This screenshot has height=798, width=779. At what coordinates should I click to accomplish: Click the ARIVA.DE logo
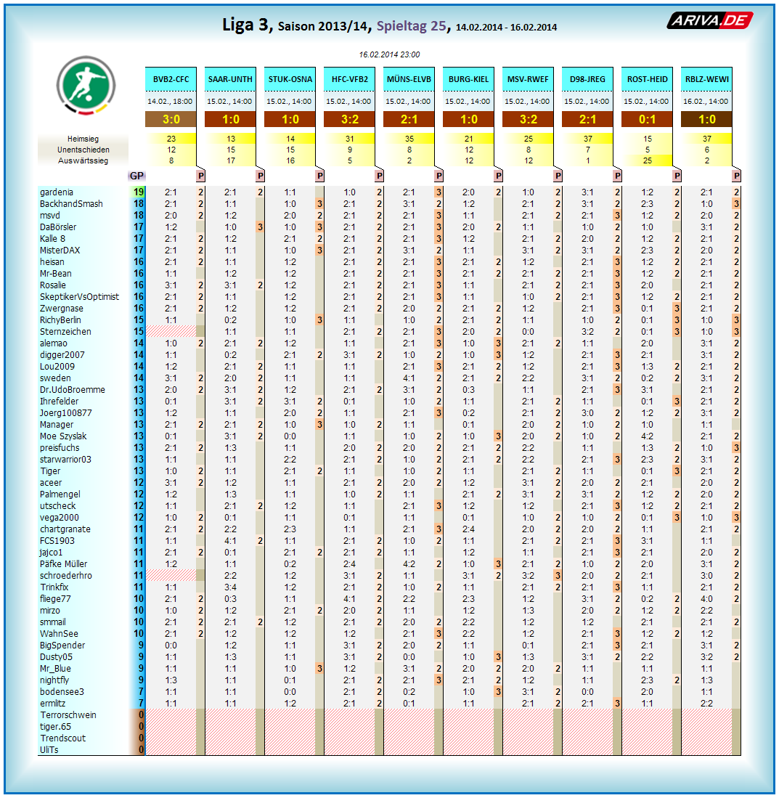tap(709, 21)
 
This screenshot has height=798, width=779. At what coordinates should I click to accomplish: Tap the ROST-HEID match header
tap(647, 79)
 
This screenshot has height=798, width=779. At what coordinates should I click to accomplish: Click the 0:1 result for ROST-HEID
tap(647, 120)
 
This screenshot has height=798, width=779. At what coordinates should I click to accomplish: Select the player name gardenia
tap(57, 192)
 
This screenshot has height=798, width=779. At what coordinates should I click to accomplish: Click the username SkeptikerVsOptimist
tap(80, 297)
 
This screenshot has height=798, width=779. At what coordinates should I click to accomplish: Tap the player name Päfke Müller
tap(64, 564)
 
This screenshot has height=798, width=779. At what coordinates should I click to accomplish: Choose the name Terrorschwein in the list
tap(68, 715)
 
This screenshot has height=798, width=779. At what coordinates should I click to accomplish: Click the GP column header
tap(136, 175)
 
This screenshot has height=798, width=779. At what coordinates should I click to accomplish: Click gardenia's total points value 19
tap(138, 192)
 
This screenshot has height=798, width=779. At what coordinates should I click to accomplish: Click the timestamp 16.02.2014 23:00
tap(389, 54)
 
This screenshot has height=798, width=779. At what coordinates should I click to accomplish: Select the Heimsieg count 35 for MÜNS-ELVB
tap(409, 139)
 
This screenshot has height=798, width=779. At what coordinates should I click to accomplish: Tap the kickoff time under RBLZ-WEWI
tap(706, 102)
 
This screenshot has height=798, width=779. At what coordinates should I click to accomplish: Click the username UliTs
tap(49, 750)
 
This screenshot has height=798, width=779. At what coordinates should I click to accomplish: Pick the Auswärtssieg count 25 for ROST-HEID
tap(647, 160)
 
